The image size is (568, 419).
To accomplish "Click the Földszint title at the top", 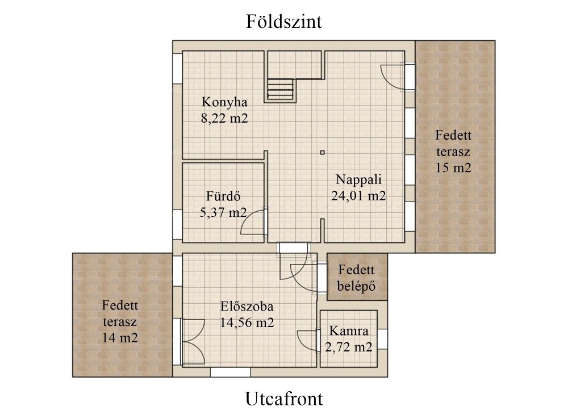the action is [x=283, y=22].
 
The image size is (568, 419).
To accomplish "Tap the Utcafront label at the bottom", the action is [x=284, y=399].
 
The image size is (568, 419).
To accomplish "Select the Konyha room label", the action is [x=224, y=102].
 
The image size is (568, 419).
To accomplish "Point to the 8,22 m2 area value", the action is [x=224, y=119].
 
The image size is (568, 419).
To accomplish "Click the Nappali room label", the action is [x=358, y=179].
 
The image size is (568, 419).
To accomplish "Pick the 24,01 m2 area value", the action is [x=358, y=196].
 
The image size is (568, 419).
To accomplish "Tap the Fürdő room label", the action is [x=223, y=196].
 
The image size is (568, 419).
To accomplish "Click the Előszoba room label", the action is [x=247, y=307].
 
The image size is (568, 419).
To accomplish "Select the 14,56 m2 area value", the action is [x=247, y=322].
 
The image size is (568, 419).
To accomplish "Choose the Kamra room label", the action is [x=349, y=331].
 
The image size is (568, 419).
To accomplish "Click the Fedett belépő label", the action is [x=357, y=278].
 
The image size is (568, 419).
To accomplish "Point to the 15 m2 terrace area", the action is [x=453, y=168].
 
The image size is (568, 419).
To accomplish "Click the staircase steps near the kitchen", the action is [x=280, y=89].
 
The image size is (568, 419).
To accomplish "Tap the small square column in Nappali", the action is [x=323, y=153].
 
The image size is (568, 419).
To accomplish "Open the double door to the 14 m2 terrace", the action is [x=194, y=341].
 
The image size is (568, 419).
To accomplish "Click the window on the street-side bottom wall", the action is [x=231, y=372].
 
